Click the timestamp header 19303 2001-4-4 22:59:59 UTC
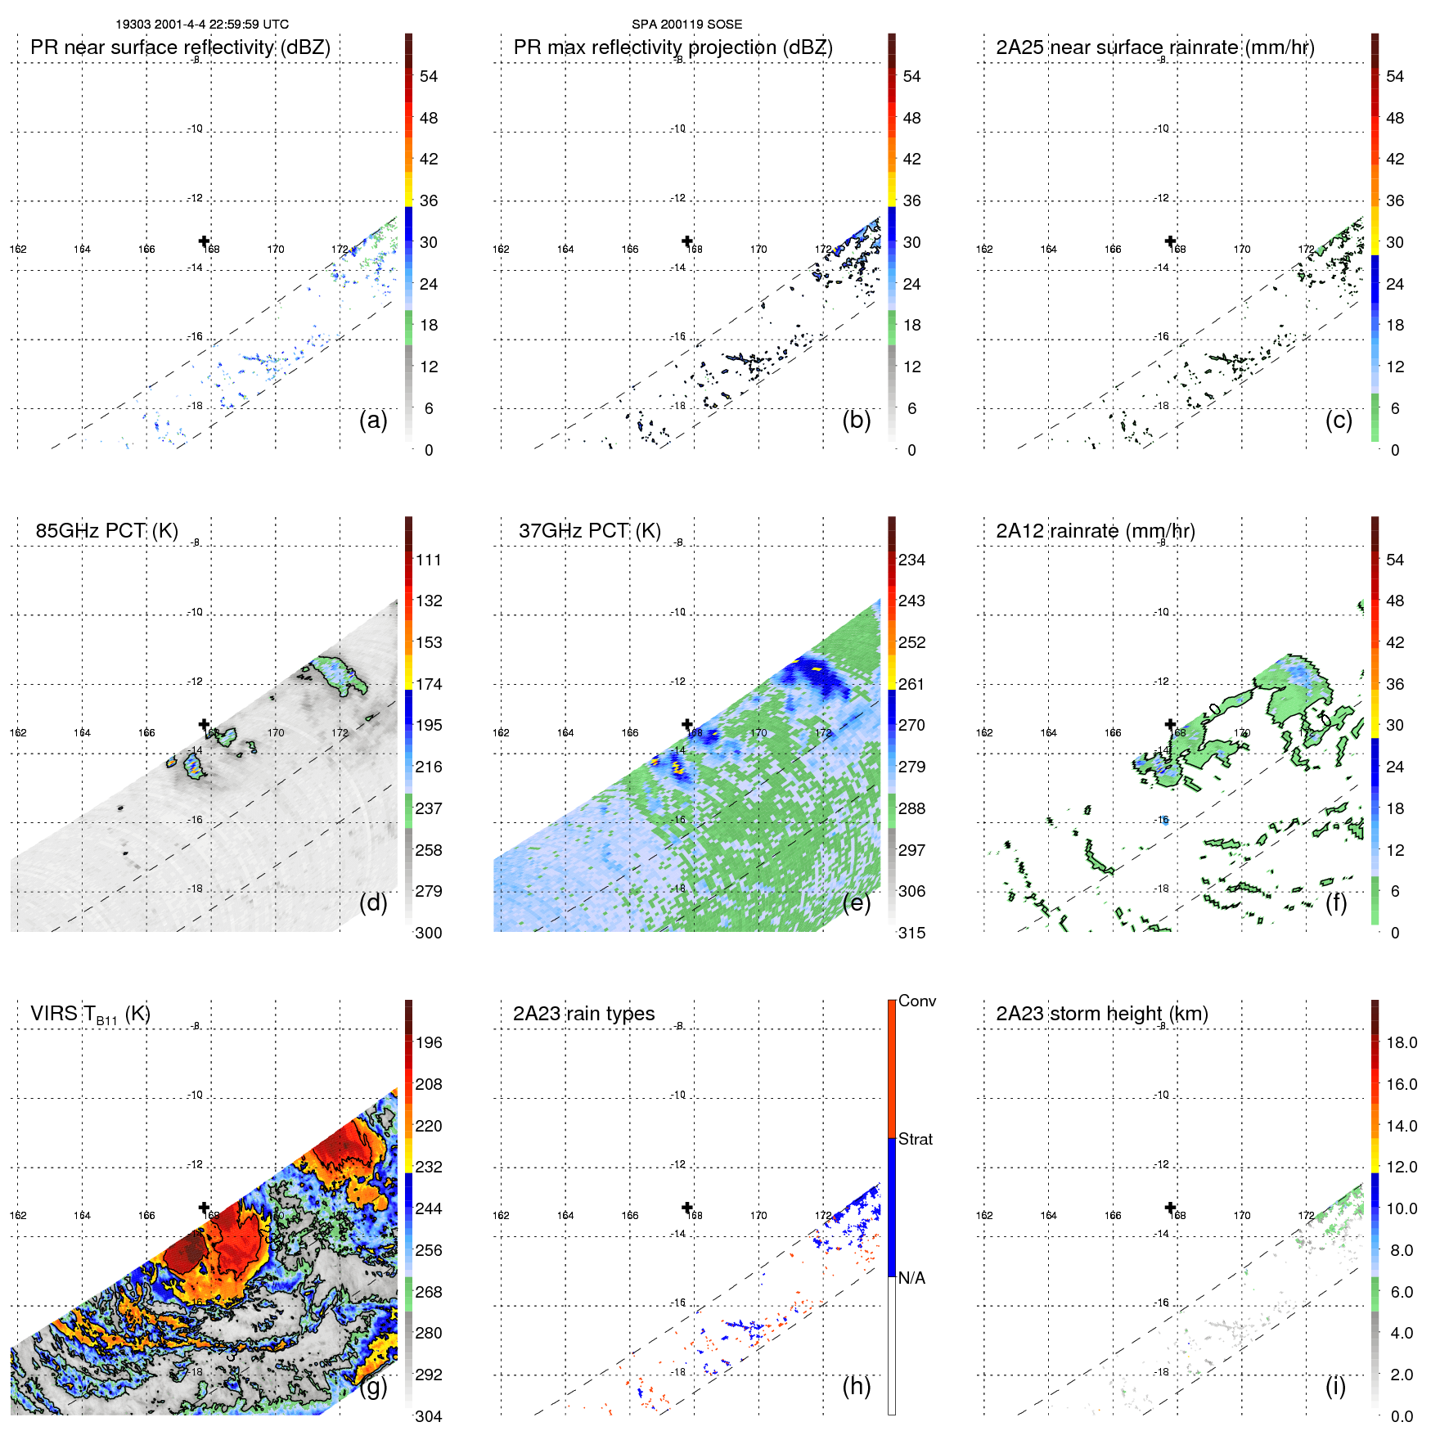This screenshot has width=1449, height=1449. [x=201, y=25]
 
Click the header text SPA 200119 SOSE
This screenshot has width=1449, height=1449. [x=686, y=25]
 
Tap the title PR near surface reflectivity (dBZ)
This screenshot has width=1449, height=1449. [x=180, y=47]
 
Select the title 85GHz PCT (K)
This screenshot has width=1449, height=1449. [x=106, y=531]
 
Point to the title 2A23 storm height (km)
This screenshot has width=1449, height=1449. [x=1101, y=1014]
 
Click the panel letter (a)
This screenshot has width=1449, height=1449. [x=373, y=421]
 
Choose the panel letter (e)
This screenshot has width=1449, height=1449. [x=856, y=903]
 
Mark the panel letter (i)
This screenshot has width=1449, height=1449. [x=1335, y=1386]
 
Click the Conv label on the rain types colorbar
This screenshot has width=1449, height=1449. [x=916, y=1001]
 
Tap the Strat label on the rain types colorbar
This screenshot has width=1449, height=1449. [x=915, y=1139]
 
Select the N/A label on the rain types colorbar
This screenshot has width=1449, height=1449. [x=912, y=1278]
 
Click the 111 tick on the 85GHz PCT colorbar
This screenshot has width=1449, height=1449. [x=429, y=560]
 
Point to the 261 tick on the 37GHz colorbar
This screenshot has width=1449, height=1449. [x=911, y=684]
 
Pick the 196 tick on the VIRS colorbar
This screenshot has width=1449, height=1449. [x=429, y=1042]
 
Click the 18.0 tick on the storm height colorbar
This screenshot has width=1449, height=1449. [x=1401, y=1042]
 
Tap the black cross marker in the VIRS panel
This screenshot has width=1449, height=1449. [x=205, y=1208]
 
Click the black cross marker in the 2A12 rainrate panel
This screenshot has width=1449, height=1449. [x=1171, y=724]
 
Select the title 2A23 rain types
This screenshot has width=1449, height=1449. [x=583, y=1014]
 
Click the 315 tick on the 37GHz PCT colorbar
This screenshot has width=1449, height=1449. [x=911, y=933]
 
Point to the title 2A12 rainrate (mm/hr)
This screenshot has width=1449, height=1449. [x=1095, y=531]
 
